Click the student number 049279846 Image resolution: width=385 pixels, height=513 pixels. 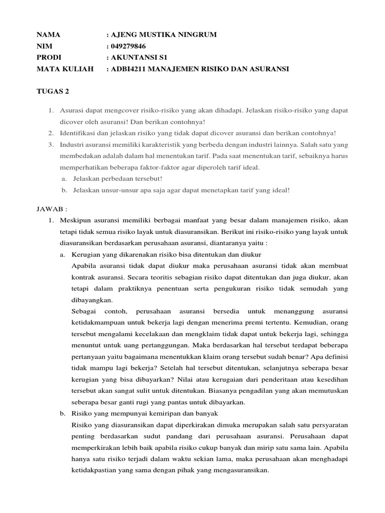pos(132,46)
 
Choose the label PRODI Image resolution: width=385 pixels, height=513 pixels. pos(49,57)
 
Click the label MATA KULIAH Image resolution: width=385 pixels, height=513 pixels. pos(65,68)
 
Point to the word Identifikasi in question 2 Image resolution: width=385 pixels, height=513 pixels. pos(78,133)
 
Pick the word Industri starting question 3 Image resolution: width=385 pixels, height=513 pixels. pos(72,144)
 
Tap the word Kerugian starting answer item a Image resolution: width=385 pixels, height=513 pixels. pos(86,254)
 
